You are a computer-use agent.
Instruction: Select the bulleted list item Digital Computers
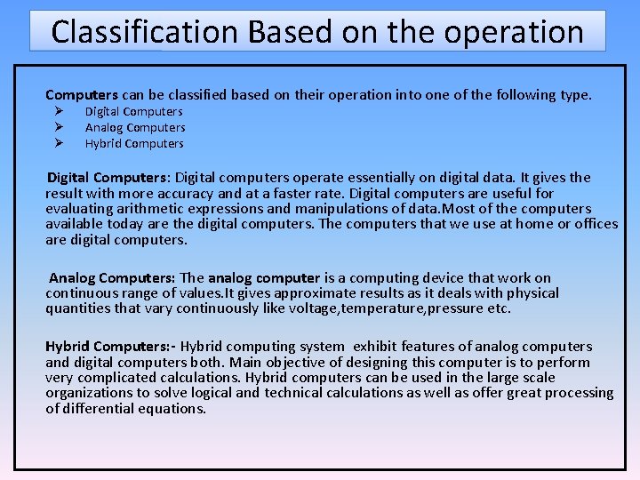pyautogui.click(x=133, y=112)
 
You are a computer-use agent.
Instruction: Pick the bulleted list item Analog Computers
pyautogui.click(x=135, y=128)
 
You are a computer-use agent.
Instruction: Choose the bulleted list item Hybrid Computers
pyautogui.click(x=134, y=144)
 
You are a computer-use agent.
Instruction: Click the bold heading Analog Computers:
pyautogui.click(x=112, y=278)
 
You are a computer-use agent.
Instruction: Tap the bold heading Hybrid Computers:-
pyautogui.click(x=110, y=347)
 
